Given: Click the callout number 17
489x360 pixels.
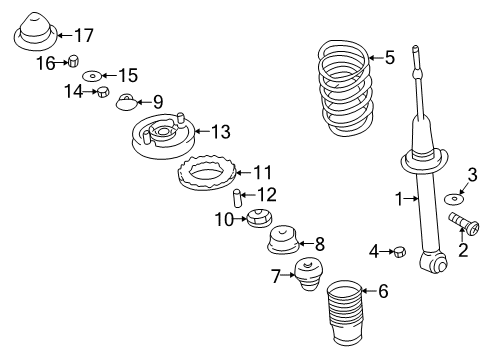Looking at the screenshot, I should (x=83, y=36).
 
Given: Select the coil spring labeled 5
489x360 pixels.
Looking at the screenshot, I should (x=345, y=90).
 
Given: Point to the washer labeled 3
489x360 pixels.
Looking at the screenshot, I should (x=453, y=194).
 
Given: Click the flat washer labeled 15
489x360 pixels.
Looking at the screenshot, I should (x=92, y=75).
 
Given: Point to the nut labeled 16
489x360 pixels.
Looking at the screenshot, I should (x=73, y=64).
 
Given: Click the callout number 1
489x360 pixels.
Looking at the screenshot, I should (x=399, y=199).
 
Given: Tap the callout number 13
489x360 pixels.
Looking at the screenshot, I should (x=220, y=130).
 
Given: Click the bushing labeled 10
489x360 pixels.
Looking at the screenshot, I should (x=263, y=219).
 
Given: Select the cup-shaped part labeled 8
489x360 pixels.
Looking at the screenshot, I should (x=285, y=240).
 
